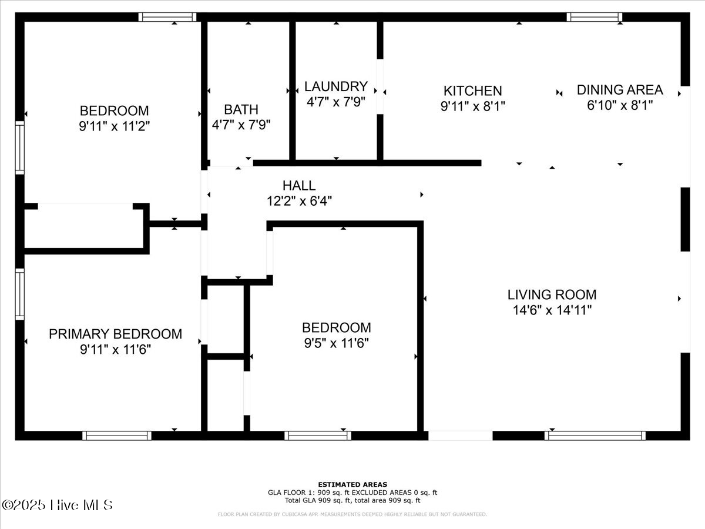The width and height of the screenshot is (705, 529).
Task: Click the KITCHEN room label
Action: [472, 91]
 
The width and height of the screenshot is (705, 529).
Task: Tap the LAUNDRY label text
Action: [335, 86]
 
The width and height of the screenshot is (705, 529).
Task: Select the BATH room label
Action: [241, 109]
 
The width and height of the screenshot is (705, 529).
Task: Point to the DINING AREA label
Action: [619, 90]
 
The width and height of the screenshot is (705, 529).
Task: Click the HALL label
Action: [298, 186]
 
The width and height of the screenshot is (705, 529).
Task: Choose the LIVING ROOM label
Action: [552, 294]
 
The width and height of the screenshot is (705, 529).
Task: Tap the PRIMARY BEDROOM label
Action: [115, 334]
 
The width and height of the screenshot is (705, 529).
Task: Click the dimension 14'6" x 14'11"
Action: [552, 310]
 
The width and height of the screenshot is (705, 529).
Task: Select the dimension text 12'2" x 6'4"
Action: [299, 201]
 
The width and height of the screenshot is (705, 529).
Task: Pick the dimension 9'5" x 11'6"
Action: [336, 343]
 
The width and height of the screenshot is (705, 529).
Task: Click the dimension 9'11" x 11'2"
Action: [115, 126]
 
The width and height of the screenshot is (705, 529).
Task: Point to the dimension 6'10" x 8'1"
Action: [619, 106]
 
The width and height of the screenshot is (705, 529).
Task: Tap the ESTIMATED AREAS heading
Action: [352, 484]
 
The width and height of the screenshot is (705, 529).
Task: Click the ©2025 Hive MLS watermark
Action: [57, 505]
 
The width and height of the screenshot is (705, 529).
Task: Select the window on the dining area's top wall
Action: [595, 17]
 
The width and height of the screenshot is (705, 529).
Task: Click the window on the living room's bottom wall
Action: [595, 436]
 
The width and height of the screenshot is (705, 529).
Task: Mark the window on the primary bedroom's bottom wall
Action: [117, 436]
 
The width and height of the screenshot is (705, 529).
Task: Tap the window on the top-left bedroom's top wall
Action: [167, 17]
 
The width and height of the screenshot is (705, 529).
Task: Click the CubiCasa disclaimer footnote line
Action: [352, 514]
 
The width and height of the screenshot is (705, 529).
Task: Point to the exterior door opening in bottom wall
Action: [460, 436]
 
